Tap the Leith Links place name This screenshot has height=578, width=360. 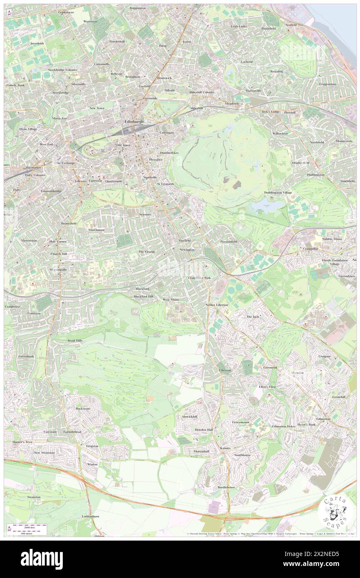(239, 26)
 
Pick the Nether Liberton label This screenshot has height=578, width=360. (217, 305)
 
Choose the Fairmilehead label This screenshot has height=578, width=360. (75, 432)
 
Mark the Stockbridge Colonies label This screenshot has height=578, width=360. (62, 70)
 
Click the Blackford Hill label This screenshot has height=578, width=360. (143, 296)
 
